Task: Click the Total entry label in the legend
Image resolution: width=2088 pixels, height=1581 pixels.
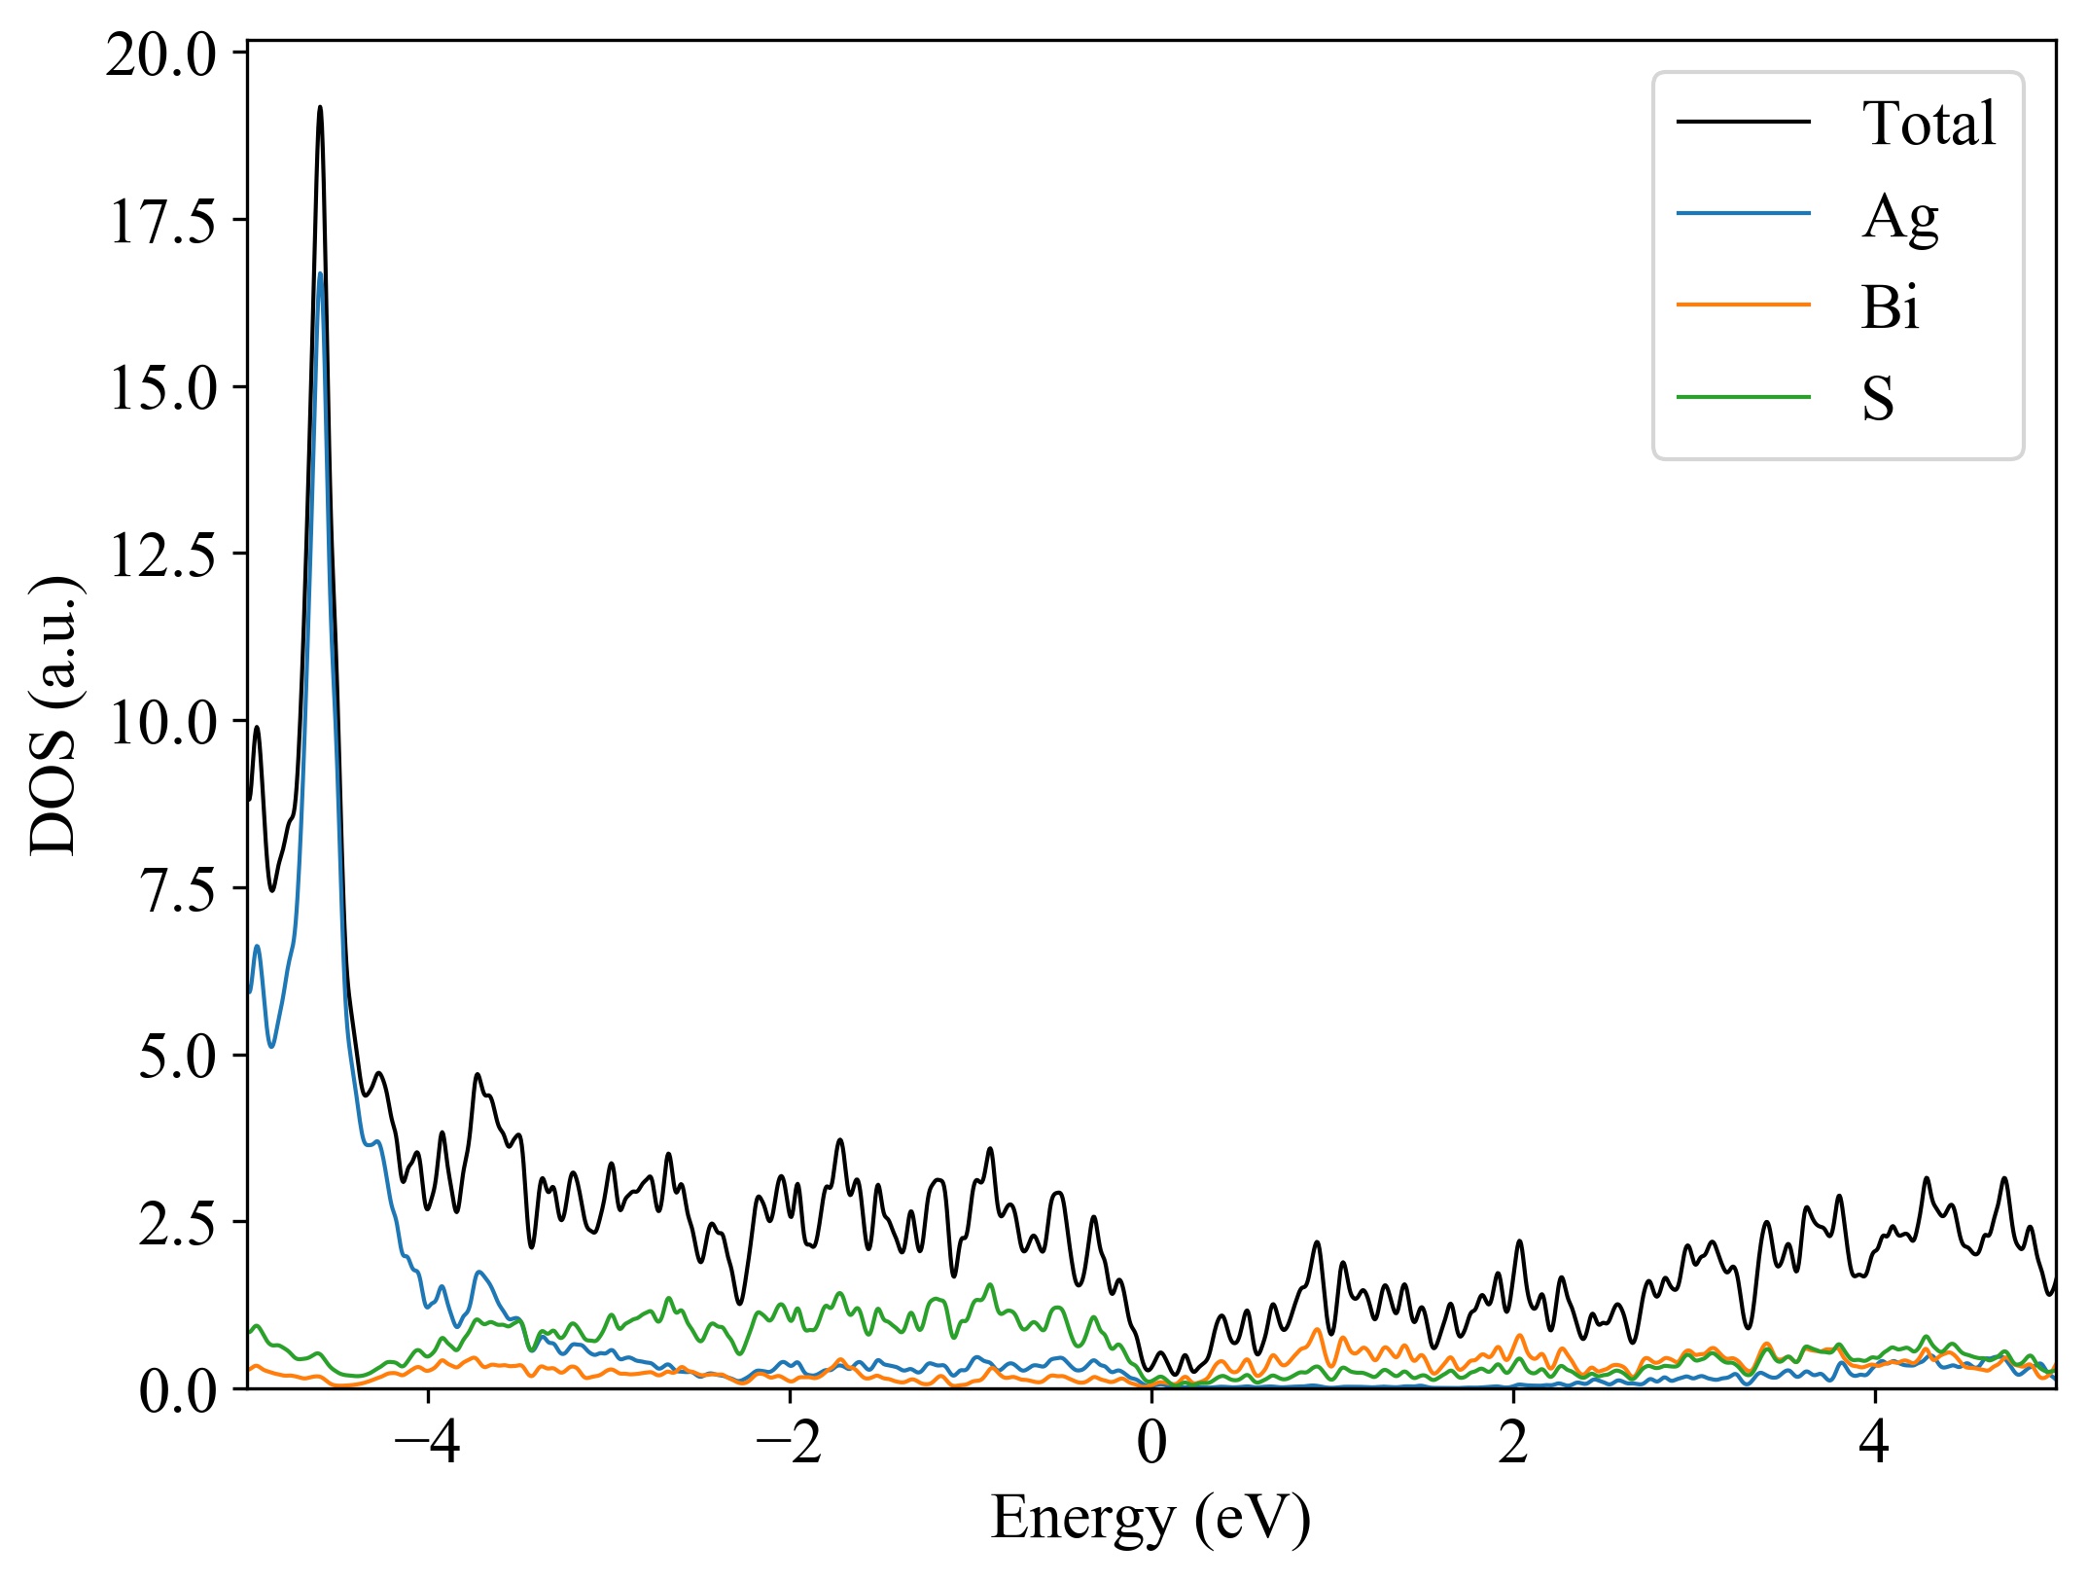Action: (1929, 124)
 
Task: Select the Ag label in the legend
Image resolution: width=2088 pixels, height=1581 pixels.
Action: (1899, 216)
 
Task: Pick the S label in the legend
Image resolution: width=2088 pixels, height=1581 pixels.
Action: (1878, 399)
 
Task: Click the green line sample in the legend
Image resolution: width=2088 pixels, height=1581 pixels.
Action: (1743, 397)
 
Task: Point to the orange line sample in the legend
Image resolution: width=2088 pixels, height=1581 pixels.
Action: (1743, 305)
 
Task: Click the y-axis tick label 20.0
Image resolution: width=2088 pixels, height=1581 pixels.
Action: (161, 55)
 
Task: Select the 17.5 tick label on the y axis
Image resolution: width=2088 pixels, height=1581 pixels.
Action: (161, 222)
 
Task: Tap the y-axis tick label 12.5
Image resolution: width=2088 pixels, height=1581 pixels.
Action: (161, 557)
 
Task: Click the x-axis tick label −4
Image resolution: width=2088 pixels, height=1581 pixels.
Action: (427, 1443)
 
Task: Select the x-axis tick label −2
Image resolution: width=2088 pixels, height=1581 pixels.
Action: (790, 1443)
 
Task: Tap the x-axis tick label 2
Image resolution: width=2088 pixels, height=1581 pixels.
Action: (1513, 1443)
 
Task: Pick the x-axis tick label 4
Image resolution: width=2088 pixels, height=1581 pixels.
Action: (1874, 1443)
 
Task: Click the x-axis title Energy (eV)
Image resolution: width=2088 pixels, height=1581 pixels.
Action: (1150, 1518)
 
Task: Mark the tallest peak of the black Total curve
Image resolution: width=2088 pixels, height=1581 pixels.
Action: (320, 108)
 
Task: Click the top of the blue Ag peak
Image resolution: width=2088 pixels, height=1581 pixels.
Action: (320, 274)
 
